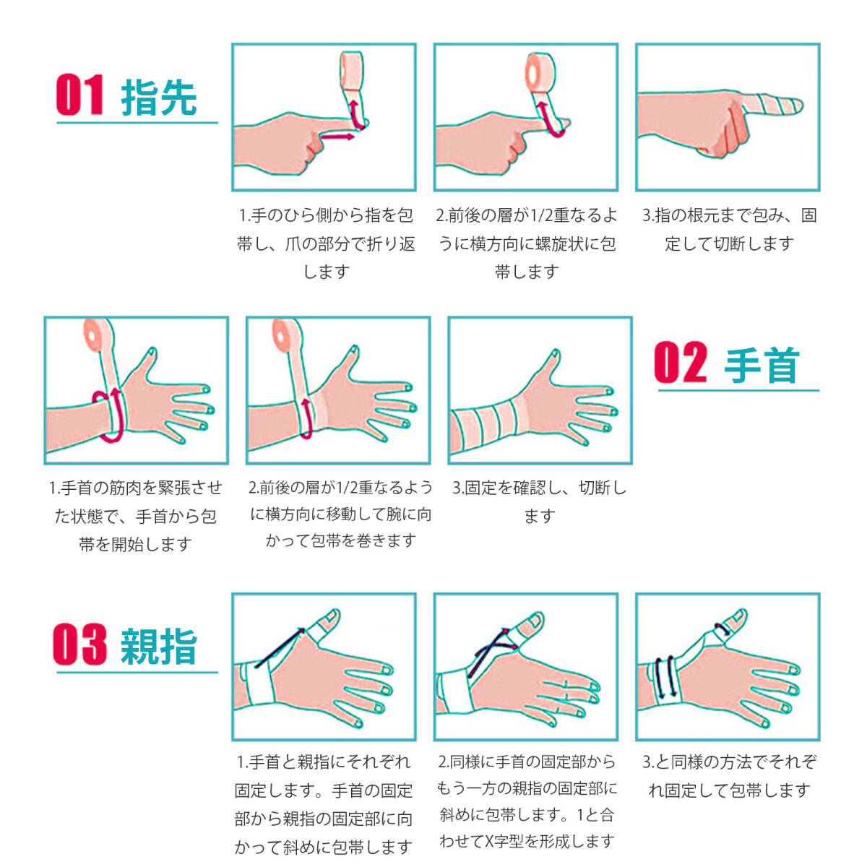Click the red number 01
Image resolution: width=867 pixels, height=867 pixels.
point(79,95)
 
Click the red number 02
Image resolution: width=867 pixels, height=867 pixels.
point(680,363)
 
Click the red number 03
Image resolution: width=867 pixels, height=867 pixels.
point(79,645)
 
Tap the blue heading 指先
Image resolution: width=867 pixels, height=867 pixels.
point(159,97)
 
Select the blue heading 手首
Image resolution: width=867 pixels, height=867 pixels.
point(762,365)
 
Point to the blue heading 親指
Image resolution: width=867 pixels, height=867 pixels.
point(159,647)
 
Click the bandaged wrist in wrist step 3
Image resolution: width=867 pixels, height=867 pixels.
point(484,423)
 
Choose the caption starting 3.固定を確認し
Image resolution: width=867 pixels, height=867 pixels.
point(539,501)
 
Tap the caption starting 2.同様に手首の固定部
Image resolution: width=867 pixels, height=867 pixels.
point(527,801)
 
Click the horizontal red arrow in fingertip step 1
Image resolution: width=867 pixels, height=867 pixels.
point(337,136)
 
